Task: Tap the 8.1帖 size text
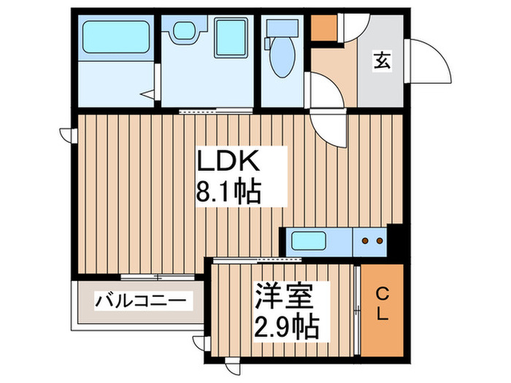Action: click(x=228, y=192)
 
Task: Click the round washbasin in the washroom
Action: click(x=182, y=31)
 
